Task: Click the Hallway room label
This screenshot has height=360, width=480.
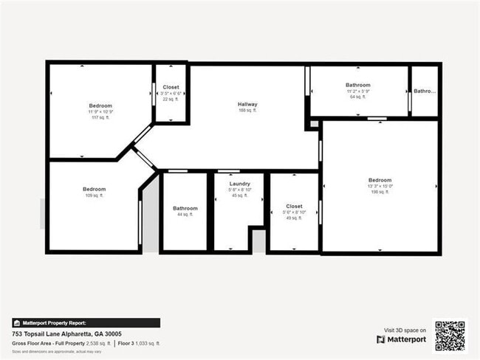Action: [247, 104]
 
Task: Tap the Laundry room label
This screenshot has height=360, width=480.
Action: [239, 184]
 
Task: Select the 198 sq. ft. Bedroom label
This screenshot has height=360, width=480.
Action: [380, 180]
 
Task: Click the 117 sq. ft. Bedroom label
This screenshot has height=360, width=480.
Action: [100, 106]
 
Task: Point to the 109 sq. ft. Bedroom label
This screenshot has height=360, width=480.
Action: [94, 190]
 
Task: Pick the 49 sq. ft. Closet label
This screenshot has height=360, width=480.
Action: [294, 207]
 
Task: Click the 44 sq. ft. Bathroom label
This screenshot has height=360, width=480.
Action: [185, 208]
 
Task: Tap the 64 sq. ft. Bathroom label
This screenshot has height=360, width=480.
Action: [357, 86]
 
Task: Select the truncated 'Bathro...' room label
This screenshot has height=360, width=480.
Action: [425, 91]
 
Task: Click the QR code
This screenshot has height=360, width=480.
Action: [450, 335]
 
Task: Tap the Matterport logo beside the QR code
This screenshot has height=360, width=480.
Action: [401, 339]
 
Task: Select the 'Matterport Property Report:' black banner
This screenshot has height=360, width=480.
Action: [86, 322]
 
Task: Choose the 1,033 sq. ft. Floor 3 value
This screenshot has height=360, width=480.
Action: [147, 344]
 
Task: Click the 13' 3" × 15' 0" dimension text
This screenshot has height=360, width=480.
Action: [380, 187]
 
